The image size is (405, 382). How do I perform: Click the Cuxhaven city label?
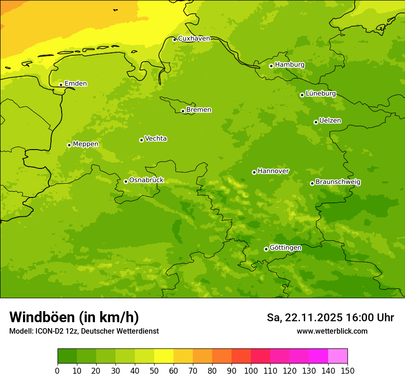(194, 39)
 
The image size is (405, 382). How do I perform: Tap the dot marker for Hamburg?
(271, 66)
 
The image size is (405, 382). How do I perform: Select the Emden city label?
(75, 84)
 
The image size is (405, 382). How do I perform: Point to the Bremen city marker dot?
(183, 111)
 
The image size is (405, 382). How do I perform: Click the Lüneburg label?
(321, 94)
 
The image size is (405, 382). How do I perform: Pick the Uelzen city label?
(330, 121)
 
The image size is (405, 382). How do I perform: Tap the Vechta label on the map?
(156, 139)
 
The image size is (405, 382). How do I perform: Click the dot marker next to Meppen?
(69, 145)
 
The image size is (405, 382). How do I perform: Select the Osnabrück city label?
(146, 180)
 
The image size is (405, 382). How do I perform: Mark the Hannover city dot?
(254, 172)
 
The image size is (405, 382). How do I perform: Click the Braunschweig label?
(338, 182)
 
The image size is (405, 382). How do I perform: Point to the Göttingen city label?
(285, 248)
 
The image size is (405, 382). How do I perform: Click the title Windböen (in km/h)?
(74, 317)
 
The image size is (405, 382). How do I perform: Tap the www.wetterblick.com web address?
(332, 331)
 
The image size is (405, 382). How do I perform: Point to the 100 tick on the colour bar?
(251, 370)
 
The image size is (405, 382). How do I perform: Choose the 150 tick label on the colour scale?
(347, 370)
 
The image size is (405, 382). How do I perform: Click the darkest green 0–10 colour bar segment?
(67, 356)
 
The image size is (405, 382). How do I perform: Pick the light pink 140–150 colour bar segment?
(338, 356)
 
